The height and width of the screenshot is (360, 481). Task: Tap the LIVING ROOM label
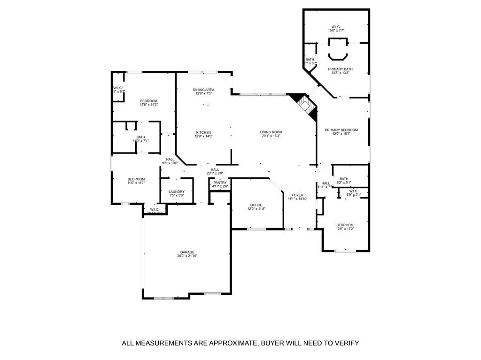click(x=271, y=132)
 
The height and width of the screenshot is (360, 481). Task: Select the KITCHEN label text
click(x=203, y=132)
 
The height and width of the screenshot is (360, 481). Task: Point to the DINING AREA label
click(x=203, y=90)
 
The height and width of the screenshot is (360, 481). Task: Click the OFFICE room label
click(x=256, y=205)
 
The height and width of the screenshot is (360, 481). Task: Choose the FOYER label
click(x=297, y=195)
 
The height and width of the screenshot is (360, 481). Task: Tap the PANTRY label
click(x=220, y=183)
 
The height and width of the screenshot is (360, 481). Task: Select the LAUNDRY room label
click(x=177, y=191)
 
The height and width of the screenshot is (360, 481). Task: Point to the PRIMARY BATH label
click(x=341, y=69)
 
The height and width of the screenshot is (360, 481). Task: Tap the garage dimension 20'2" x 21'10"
click(x=186, y=256)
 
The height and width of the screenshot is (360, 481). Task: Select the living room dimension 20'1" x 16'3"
click(x=271, y=136)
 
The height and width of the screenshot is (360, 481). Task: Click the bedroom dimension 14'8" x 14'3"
click(x=148, y=105)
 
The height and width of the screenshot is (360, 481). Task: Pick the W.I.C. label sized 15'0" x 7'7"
click(x=336, y=27)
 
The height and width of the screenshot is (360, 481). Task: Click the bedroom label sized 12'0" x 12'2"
click(x=344, y=225)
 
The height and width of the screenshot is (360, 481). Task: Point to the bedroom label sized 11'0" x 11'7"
click(x=136, y=179)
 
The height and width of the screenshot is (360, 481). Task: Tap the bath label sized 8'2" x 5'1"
click(x=344, y=179)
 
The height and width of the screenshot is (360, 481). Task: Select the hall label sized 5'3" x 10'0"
click(x=170, y=159)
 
